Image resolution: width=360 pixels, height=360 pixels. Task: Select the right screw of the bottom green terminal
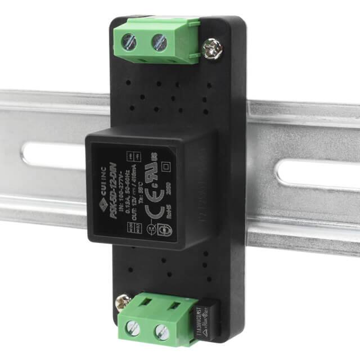pyautogui.click(x=161, y=331)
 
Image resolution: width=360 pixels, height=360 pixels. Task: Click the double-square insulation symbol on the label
pyautogui.click(x=165, y=166)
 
